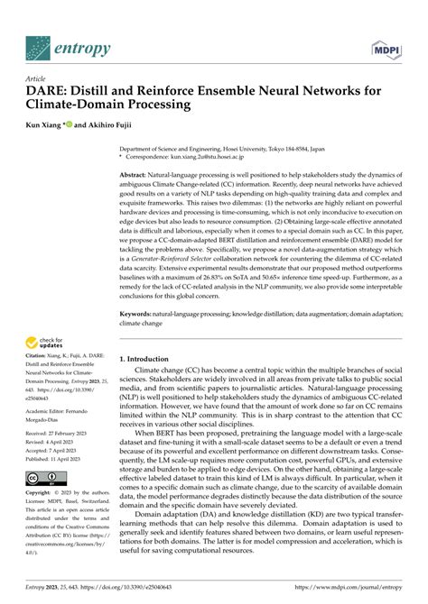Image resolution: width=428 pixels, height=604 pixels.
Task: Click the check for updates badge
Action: (46, 342)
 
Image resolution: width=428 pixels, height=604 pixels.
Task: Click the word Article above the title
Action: (36, 78)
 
